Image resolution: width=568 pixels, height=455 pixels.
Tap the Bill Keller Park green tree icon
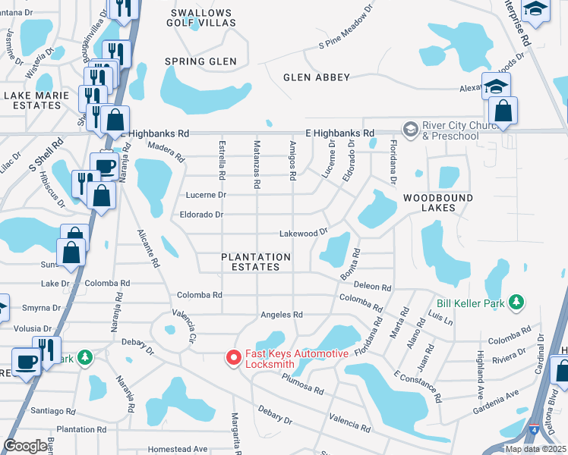516,303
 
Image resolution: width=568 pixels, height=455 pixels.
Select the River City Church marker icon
411,129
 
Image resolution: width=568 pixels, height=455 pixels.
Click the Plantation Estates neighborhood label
256,262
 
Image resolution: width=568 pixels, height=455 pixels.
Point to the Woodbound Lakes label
437,203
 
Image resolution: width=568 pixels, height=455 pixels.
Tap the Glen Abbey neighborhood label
316,77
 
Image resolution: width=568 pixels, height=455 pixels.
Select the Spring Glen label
200,61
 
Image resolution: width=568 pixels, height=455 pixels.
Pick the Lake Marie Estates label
32,100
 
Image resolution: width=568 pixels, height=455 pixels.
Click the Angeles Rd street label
282,315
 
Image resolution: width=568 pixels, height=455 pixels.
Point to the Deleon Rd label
373,287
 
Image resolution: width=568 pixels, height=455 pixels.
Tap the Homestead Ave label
178,449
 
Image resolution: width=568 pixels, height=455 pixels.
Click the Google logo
25,446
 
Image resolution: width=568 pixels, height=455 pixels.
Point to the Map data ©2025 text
535,449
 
